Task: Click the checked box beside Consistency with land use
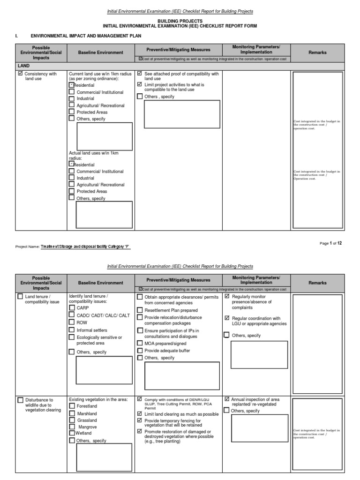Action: point(20,74)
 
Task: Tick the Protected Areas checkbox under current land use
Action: point(71,112)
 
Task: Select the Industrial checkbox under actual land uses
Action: point(71,178)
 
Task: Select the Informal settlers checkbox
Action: point(72,330)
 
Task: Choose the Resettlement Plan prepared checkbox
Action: point(140,310)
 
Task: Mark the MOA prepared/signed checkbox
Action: point(140,343)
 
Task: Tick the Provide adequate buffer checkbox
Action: point(140,350)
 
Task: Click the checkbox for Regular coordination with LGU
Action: point(227,319)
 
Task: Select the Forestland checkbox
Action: point(72,406)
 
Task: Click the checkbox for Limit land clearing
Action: point(140,414)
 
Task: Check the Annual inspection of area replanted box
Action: point(227,399)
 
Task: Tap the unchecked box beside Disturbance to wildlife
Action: point(20,400)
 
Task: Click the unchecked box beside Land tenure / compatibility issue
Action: point(20,297)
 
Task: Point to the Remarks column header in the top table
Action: point(317,52)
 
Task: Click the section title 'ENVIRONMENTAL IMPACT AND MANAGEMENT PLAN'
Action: point(86,36)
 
